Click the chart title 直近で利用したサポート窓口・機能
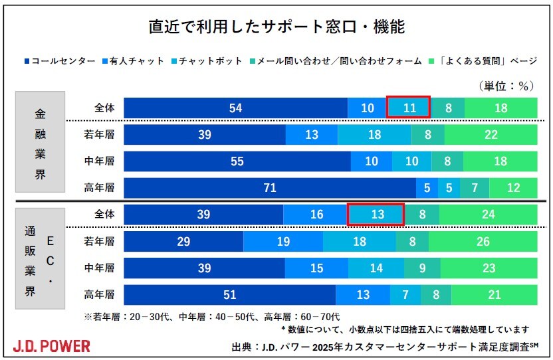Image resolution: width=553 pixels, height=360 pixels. [276, 28]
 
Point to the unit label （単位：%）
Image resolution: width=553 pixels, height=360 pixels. [506, 86]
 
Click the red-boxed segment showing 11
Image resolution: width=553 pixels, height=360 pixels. [409, 108]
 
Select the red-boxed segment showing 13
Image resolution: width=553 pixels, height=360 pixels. [376, 215]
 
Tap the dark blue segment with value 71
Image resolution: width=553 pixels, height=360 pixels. [270, 188]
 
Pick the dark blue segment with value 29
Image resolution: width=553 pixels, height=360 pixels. [183, 241]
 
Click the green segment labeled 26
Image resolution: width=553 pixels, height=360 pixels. [493, 241]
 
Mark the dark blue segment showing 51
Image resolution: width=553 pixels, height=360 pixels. [229, 294]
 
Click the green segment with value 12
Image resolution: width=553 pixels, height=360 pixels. [513, 188]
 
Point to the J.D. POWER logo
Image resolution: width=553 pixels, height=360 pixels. [52, 345]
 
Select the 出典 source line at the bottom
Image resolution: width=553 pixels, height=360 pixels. [384, 346]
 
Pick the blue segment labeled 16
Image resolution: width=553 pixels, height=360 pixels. [316, 215]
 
